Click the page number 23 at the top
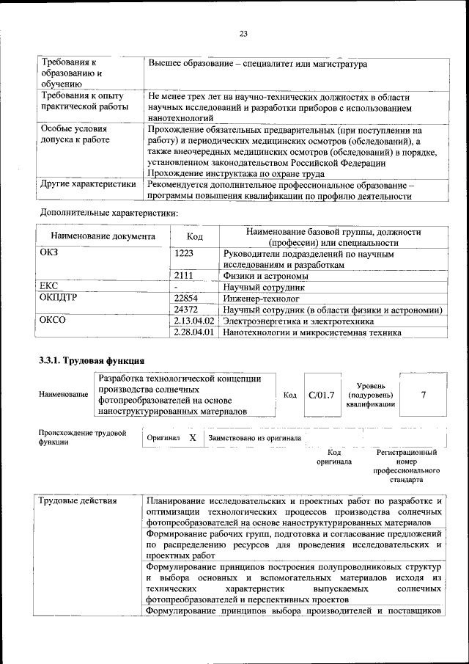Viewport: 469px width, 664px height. (243, 33)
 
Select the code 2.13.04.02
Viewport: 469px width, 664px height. (194, 321)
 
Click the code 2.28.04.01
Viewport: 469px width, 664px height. (194, 332)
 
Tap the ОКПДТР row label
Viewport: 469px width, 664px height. (58, 299)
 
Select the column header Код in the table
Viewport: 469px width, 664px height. (194, 237)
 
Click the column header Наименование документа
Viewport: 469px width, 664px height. (103, 237)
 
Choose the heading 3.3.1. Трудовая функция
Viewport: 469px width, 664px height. (92, 361)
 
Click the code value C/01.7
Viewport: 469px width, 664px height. (322, 395)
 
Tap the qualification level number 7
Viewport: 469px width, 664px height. (423, 395)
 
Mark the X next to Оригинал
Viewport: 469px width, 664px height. (192, 438)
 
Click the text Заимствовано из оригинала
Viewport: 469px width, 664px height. (254, 438)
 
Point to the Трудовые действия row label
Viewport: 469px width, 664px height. (78, 501)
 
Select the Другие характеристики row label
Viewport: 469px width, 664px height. (88, 184)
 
